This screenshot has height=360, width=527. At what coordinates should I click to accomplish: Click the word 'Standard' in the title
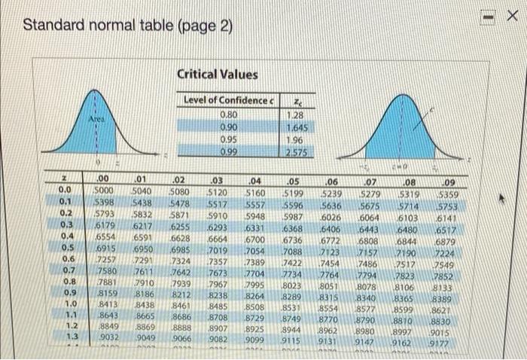coord(50,25)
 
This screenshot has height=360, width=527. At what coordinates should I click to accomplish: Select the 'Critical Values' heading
coord(218,74)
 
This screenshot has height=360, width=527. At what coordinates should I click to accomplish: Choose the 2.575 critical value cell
coord(299,153)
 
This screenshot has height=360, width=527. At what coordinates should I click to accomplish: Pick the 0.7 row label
coord(69,270)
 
